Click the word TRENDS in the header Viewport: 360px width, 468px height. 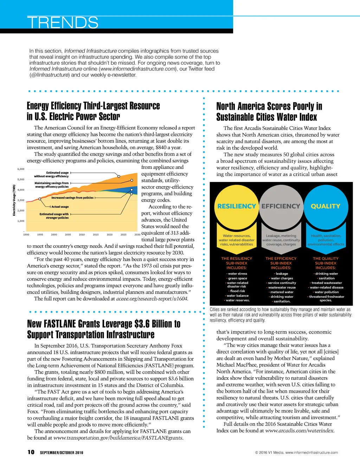click(x=63, y=23)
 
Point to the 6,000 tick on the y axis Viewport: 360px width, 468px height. click(x=21, y=169)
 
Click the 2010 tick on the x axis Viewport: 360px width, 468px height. click(x=82, y=234)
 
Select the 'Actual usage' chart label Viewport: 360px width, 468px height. click(x=60, y=207)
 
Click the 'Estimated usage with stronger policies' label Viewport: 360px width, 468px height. click(x=54, y=216)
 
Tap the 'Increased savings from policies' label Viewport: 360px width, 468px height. click(x=72, y=198)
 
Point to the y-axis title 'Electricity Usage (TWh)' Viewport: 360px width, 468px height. click(x=14, y=200)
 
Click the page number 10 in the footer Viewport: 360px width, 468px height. click(x=31, y=452)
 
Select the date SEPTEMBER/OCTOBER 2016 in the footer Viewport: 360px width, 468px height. click(x=62, y=453)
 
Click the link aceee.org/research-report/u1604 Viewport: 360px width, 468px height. click(x=152, y=299)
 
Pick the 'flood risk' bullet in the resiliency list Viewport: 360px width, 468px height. click(x=238, y=291)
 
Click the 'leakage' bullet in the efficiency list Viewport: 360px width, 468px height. click(x=282, y=273)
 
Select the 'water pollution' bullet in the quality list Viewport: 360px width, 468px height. click(x=327, y=292)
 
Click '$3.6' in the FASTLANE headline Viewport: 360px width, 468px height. click(x=142, y=324)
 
